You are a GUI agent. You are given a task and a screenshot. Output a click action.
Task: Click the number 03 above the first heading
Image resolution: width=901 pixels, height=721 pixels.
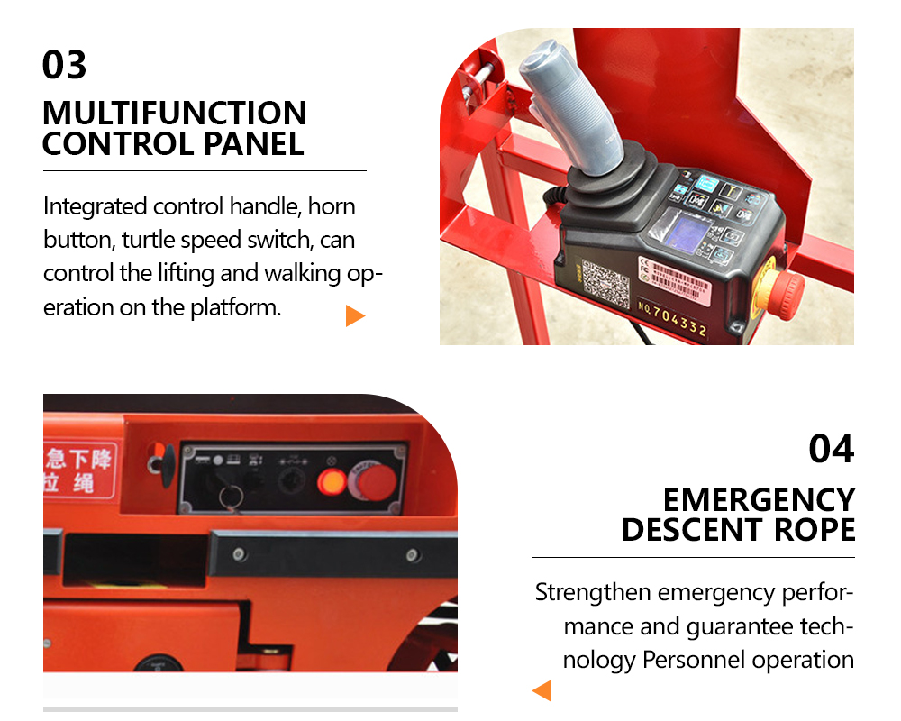(x=65, y=65)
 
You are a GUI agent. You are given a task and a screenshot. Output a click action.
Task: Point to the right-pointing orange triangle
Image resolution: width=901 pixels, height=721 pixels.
(x=355, y=315)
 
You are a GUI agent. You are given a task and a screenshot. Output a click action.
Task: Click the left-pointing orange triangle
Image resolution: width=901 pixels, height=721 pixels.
(x=542, y=691)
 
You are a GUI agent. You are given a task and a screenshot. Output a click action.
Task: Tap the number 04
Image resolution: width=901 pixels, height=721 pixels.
(x=831, y=448)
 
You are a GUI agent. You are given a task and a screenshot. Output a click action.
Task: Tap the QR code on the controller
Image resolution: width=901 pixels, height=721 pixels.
(x=605, y=283)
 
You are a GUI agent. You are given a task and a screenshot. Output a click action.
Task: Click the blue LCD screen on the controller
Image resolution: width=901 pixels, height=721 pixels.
(x=687, y=233)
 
